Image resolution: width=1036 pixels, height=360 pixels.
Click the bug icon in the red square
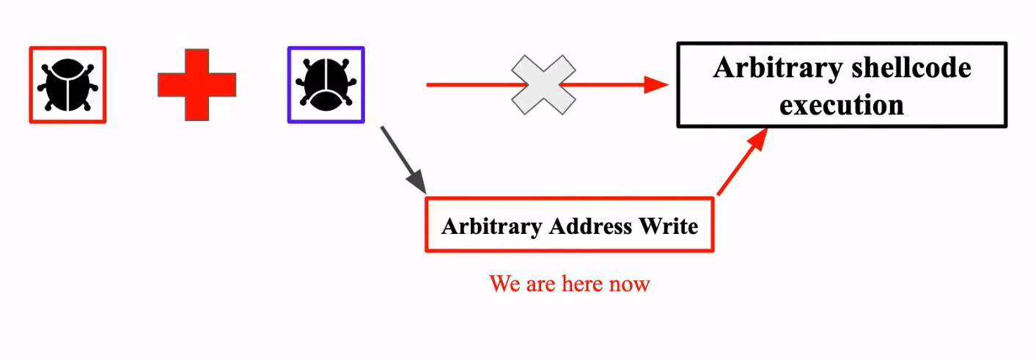[67, 85]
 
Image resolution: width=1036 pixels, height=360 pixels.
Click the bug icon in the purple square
[326, 85]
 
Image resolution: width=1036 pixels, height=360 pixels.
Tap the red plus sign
[196, 85]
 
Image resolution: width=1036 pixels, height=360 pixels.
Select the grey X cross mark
[543, 85]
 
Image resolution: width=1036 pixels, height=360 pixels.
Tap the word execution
[842, 105]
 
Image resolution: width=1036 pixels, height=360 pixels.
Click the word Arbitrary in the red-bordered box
[492, 226]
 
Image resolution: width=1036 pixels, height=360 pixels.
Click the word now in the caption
[631, 284]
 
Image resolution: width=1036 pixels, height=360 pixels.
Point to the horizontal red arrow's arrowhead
[657, 85]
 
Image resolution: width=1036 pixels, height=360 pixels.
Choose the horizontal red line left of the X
[469, 85]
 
